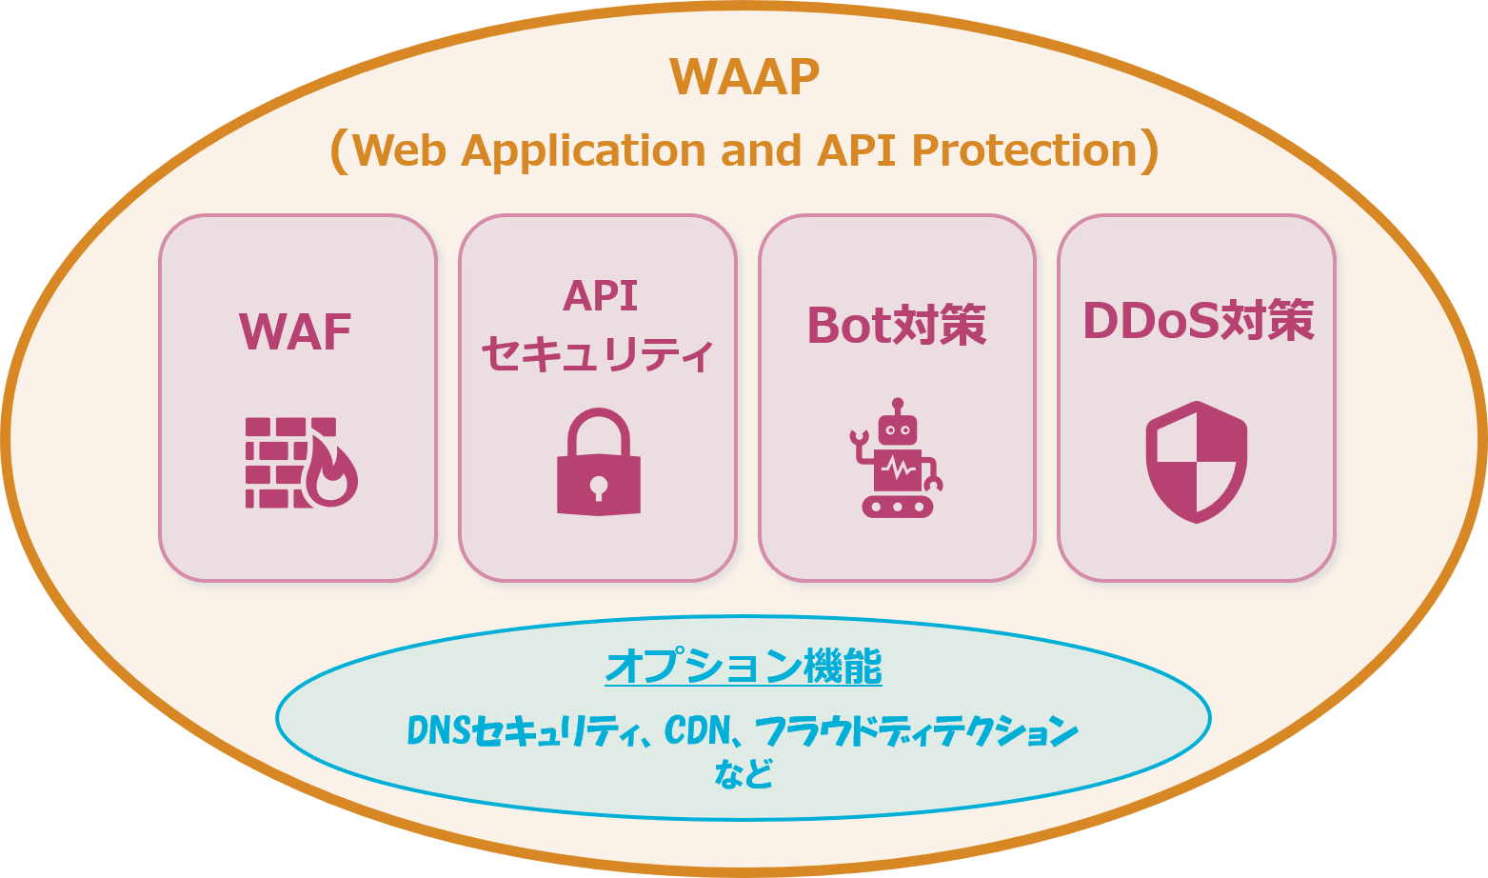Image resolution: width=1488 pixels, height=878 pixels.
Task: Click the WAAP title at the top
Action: tap(744, 77)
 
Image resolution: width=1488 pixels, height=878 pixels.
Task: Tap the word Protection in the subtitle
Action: tap(1024, 150)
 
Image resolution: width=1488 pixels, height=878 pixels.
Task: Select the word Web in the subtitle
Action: tap(399, 150)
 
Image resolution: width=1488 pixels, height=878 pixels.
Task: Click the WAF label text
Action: tap(295, 332)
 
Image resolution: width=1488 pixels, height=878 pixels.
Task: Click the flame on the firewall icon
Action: tap(331, 475)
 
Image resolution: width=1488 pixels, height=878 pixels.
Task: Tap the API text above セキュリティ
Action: tap(600, 296)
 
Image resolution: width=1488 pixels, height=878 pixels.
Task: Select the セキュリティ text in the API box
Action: tap(597, 355)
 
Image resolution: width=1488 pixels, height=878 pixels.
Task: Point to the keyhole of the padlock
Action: tap(598, 487)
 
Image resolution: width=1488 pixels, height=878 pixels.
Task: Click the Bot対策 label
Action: tap(896, 326)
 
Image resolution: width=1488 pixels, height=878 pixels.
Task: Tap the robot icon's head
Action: tap(897, 429)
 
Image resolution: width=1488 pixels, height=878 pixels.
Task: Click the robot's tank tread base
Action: tap(897, 506)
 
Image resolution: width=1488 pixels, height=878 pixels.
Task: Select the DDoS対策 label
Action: tap(1198, 321)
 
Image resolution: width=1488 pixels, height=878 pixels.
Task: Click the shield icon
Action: tap(1196, 462)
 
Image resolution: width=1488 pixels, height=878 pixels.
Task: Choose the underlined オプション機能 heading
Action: tap(744, 667)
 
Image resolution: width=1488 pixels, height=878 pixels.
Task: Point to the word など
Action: tap(744, 773)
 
